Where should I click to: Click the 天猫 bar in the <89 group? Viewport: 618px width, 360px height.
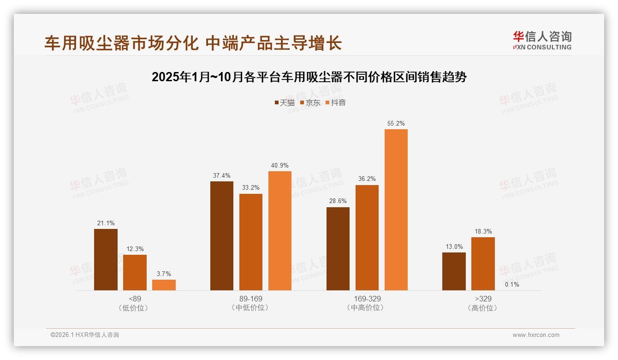point(106,259)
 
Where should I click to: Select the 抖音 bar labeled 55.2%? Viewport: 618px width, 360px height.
point(396,210)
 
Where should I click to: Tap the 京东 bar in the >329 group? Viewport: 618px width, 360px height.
point(483,264)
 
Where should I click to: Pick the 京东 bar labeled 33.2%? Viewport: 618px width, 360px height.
point(251,242)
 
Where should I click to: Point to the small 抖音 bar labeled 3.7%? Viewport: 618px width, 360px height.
point(164,285)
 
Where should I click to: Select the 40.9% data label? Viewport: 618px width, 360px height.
point(280,165)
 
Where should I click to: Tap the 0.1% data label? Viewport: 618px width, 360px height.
point(512,284)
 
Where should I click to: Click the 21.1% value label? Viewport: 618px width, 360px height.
point(106,223)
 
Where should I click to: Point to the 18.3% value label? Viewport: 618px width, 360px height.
point(483,231)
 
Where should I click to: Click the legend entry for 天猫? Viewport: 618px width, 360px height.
point(285,102)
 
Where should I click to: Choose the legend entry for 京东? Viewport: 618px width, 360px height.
point(310,102)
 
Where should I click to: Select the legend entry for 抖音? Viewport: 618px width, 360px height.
point(336,102)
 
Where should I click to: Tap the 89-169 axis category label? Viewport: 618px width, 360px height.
point(251,299)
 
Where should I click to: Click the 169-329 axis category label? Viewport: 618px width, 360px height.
point(367,299)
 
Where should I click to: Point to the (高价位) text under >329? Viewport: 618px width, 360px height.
point(483,308)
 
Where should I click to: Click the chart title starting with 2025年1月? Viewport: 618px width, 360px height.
point(309,77)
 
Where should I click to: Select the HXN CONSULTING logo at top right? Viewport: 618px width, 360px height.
point(542,40)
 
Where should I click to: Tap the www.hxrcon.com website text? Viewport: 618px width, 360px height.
point(536,335)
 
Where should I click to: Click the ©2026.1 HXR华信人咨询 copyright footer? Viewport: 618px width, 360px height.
point(85,335)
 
